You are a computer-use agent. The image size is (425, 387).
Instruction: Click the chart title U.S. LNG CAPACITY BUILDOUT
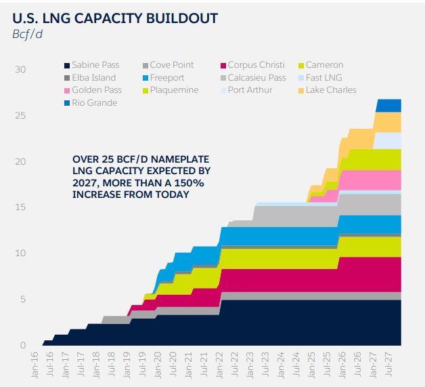[x=115, y=18]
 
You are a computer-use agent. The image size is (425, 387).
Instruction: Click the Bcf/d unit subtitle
[x=28, y=35]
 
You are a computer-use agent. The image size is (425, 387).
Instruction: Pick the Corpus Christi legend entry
[x=256, y=65]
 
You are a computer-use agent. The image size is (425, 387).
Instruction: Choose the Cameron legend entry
[x=324, y=65]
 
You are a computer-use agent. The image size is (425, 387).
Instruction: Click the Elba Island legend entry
[x=94, y=78]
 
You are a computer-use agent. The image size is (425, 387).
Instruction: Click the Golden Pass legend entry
[x=96, y=90]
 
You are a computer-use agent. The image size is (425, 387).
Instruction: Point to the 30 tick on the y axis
[x=20, y=70]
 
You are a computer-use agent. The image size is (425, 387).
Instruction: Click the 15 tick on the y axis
[x=20, y=207]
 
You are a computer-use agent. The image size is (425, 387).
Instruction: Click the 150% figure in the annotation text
[x=181, y=184]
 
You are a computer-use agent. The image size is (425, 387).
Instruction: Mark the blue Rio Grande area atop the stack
[x=388, y=106]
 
